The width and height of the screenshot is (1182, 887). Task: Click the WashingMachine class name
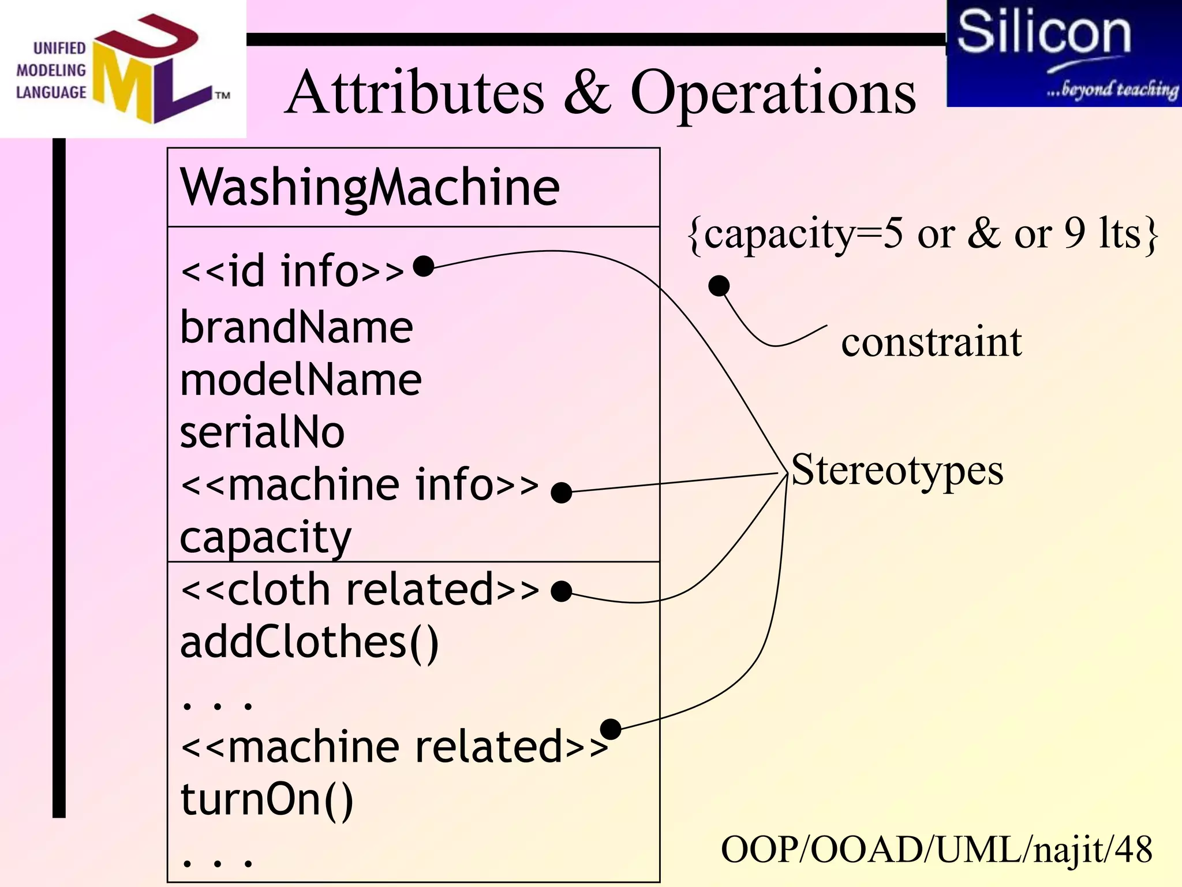(369, 188)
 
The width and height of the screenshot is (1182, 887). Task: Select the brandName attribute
(296, 327)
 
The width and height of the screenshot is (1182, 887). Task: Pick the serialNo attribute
(262, 433)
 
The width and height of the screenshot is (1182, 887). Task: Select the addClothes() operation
(309, 643)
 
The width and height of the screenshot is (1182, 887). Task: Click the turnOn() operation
(267, 800)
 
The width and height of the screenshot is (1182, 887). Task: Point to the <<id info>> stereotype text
(293, 271)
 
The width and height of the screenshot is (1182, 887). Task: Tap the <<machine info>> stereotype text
(360, 485)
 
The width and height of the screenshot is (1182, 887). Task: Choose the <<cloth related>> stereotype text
(360, 590)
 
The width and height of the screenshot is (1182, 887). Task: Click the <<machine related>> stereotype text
(394, 747)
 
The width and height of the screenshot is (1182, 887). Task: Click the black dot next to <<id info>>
(424, 266)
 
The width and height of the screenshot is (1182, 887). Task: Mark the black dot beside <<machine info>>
(561, 493)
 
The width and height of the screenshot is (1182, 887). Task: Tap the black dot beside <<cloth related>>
(561, 591)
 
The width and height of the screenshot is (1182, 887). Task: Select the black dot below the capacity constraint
(719, 285)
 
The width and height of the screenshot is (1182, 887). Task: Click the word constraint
(931, 342)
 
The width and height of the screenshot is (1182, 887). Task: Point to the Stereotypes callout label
(897, 470)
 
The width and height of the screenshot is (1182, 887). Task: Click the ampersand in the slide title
(587, 92)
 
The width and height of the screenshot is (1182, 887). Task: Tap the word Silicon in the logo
(1043, 32)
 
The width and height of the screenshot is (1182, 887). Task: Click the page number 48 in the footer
(1133, 850)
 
